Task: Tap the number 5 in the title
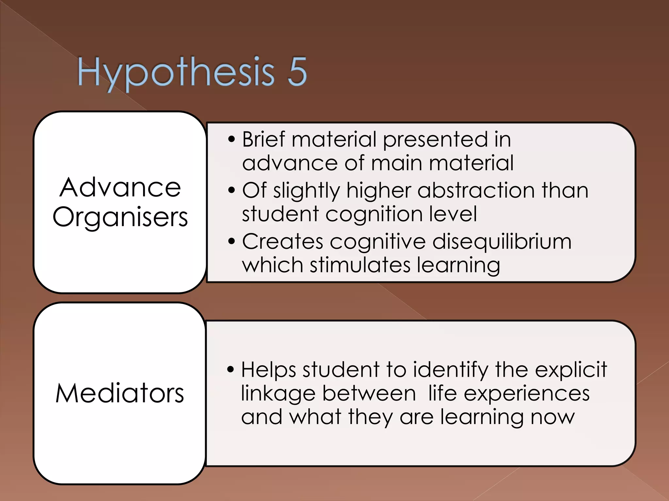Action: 297,72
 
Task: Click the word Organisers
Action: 120,217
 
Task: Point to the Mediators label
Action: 120,393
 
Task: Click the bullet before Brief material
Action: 232,139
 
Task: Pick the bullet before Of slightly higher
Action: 232,190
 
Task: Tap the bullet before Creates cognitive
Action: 232,241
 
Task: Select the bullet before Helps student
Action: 231,370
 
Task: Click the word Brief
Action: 263,139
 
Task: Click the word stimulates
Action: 360,265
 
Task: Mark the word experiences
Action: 527,394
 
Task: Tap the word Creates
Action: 283,242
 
